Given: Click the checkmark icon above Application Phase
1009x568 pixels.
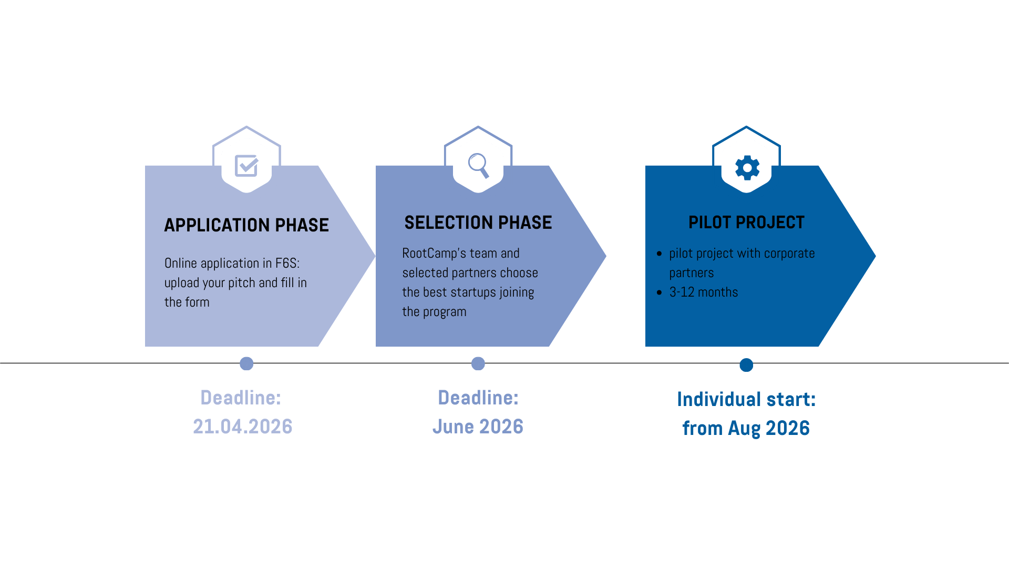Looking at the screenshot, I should (x=246, y=166).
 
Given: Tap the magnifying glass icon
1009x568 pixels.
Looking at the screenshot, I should (x=478, y=165).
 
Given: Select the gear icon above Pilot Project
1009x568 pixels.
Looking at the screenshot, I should (x=747, y=168).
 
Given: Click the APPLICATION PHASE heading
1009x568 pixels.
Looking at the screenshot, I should (x=246, y=225).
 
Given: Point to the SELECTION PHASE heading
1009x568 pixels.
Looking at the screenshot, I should (x=478, y=222).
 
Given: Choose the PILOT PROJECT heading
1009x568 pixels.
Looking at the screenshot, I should (x=746, y=222).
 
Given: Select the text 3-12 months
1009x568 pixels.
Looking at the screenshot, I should (x=703, y=292).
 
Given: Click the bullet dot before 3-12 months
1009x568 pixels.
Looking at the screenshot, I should (x=659, y=292).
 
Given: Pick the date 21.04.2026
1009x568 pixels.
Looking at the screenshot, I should (x=242, y=427).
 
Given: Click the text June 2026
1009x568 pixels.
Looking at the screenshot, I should (x=478, y=427).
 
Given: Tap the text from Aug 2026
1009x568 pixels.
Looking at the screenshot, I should (x=746, y=428).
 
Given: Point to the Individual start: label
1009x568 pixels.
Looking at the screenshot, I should (x=746, y=399).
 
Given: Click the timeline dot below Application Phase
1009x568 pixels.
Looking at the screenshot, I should (x=246, y=363).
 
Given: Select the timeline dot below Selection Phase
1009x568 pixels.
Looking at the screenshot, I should (x=478, y=363).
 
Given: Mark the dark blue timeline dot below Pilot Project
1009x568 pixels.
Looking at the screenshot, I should (x=746, y=365).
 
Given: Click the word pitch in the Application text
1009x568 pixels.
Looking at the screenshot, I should (x=242, y=283).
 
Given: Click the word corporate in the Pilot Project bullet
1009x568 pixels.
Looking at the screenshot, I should (x=789, y=253).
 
